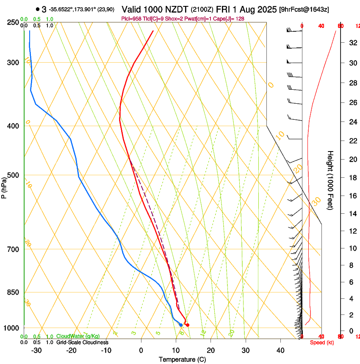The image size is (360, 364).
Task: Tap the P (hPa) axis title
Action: (4, 187)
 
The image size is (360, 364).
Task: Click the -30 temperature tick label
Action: (36, 350)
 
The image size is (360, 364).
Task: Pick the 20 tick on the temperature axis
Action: (210, 350)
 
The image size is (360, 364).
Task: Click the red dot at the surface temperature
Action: (188, 325)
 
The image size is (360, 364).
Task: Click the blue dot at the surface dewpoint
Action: (181, 325)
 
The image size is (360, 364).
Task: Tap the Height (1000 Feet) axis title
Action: (330, 180)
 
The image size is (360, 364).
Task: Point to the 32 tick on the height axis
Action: (352, 43)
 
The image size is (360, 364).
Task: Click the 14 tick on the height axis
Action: (352, 213)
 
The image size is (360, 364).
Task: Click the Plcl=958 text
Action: (132, 19)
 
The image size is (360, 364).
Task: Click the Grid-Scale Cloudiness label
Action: (82, 342)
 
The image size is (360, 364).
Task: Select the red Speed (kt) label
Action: (322, 342)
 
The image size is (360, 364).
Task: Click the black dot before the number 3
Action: (38, 9)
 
